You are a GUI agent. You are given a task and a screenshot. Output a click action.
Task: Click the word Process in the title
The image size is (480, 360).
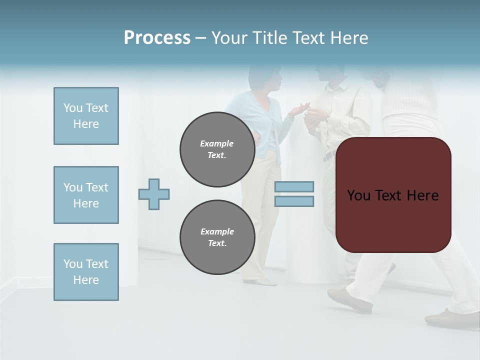coord(157,38)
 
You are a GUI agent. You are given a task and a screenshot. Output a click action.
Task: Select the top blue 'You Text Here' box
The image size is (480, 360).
coord(86,116)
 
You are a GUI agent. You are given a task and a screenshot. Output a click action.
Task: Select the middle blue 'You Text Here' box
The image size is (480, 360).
coord(86,195)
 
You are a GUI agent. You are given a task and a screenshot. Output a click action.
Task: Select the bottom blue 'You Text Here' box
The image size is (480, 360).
coord(86,272)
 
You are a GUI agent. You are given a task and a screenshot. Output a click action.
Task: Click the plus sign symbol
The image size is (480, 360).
coord(154,194)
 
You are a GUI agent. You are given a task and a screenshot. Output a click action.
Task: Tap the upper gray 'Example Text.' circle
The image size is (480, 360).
coord(217,149)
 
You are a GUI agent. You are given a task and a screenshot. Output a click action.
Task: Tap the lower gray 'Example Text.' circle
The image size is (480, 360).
coord(217,237)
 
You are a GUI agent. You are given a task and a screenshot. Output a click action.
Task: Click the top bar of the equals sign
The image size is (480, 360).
coord(294,186)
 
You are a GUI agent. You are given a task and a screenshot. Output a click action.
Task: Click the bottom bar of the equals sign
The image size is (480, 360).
coord(294,201)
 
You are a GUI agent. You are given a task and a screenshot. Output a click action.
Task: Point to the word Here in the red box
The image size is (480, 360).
coord(422,195)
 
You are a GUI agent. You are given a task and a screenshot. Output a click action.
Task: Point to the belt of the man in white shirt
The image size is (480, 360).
coord(328,156)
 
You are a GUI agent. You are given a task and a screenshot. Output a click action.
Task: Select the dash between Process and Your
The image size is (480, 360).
coord(200,38)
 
